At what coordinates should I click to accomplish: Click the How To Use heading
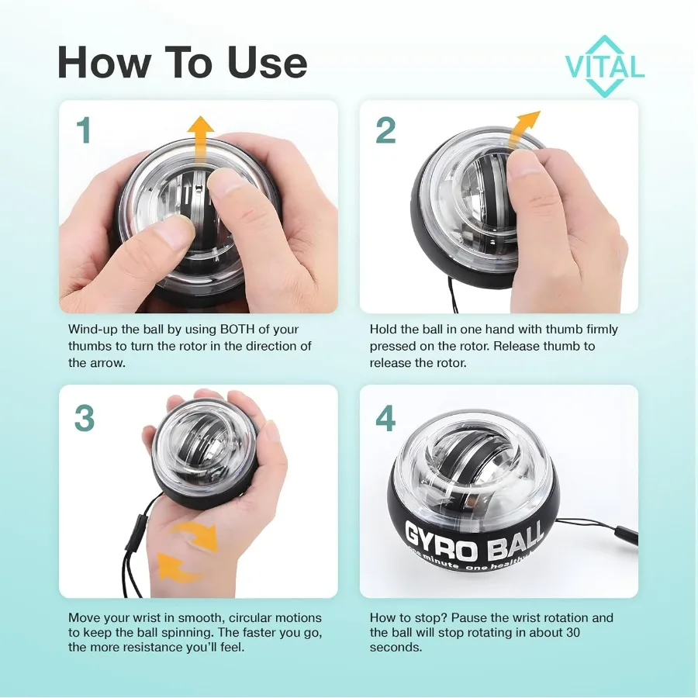point(182,63)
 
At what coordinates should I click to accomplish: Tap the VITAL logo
point(605,67)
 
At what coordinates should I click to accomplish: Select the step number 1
point(83,130)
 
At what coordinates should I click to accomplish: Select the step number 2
point(385,130)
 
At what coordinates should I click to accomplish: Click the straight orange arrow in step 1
point(202,140)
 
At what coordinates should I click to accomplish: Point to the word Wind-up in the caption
point(92,330)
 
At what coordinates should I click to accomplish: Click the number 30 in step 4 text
point(597,632)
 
